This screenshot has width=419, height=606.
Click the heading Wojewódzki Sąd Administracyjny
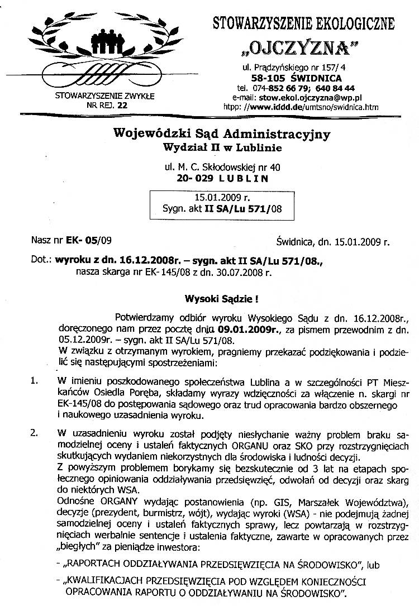tap(222, 134)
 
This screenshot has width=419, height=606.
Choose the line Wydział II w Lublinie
tap(222, 147)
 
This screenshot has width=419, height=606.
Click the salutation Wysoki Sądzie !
tap(222, 299)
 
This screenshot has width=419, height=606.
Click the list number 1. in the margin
tap(35, 381)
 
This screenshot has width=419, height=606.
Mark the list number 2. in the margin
tap(35, 433)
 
